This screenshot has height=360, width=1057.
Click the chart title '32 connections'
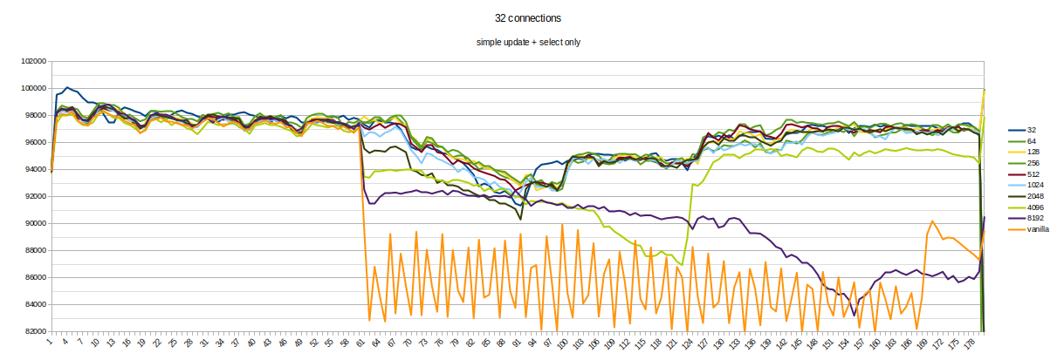pos(528,18)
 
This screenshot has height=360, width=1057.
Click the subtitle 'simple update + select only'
pos(528,42)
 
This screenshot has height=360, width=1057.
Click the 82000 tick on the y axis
pos(33,332)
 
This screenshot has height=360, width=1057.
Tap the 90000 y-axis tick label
pos(33,224)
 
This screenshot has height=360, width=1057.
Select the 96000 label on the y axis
pos(33,143)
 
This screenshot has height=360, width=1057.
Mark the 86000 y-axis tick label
pos(33,278)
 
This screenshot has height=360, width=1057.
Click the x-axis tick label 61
pos(360,343)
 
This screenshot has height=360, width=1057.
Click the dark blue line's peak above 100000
pos(67,87)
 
